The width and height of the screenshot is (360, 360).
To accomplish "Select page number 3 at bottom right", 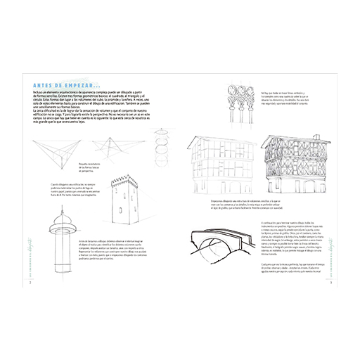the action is click(330, 283).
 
